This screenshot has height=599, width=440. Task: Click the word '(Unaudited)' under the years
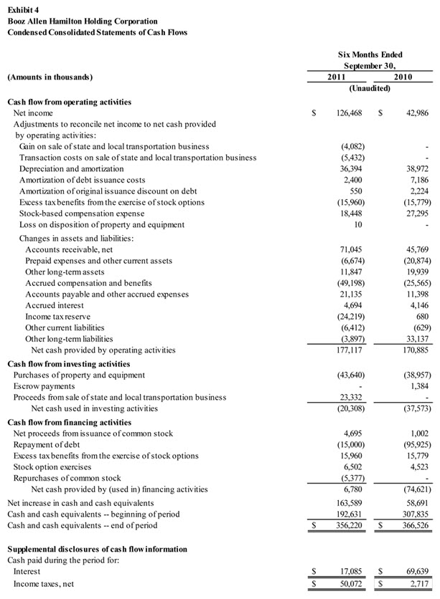coord(370,88)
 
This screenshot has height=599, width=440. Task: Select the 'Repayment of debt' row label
coord(49,445)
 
